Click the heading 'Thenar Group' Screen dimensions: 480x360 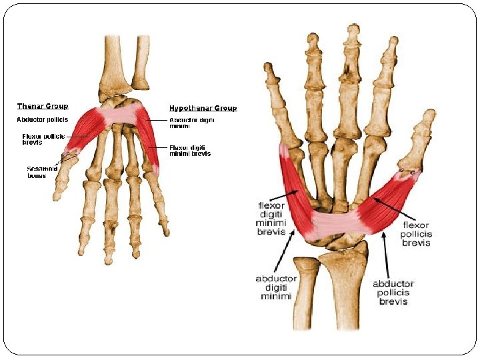(x=43, y=107)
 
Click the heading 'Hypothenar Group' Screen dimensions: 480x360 (x=203, y=108)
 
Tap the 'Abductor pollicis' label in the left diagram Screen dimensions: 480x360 (x=42, y=120)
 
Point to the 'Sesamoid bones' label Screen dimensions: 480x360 (x=41, y=172)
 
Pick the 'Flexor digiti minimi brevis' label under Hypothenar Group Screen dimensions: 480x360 (x=190, y=151)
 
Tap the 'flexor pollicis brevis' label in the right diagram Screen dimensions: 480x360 (x=417, y=234)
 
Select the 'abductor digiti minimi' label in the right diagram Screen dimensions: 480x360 (x=273, y=287)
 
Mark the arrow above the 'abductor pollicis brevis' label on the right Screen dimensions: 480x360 (x=386, y=253)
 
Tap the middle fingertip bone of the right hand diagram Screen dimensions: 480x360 (x=352, y=33)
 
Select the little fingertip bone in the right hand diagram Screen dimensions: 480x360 (x=269, y=73)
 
